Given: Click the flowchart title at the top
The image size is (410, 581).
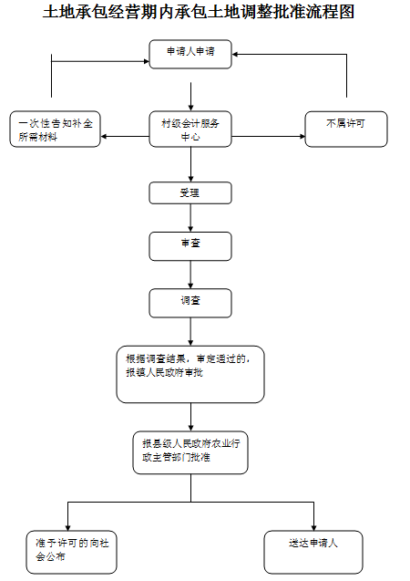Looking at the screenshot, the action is [x=199, y=12].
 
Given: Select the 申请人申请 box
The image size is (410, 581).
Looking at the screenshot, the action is [x=190, y=54].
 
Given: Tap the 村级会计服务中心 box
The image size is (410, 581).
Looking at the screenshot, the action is [x=190, y=129].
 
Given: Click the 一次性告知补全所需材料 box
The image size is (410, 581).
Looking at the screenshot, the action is [x=56, y=129].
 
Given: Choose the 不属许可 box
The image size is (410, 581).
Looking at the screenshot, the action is [x=346, y=129].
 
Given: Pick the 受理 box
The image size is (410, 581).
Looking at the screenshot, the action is [x=190, y=192].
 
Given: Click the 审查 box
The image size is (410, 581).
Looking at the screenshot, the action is [x=190, y=246].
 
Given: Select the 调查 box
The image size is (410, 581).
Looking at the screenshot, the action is [x=190, y=303].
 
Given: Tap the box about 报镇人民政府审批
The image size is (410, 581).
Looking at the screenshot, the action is [x=190, y=374].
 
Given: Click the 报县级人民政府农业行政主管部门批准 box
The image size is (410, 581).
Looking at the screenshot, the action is [x=190, y=452].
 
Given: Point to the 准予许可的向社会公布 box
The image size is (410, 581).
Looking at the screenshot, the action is [x=71, y=552].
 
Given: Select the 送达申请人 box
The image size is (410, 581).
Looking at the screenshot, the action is [x=313, y=552].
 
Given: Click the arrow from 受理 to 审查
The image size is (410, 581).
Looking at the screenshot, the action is [x=191, y=218].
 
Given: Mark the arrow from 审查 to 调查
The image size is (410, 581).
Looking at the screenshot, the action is [x=191, y=275].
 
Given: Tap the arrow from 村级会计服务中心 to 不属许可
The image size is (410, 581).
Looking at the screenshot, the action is [x=268, y=137].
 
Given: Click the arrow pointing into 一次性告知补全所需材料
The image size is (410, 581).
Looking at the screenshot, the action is [x=125, y=137].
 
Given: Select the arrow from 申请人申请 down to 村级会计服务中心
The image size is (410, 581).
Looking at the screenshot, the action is [x=191, y=97].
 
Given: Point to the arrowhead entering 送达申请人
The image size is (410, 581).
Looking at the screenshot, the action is [x=313, y=527].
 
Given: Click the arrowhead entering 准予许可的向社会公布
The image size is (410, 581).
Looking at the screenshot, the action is [x=67, y=527].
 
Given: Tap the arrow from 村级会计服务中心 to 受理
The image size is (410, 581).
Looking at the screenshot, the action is [x=191, y=164].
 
